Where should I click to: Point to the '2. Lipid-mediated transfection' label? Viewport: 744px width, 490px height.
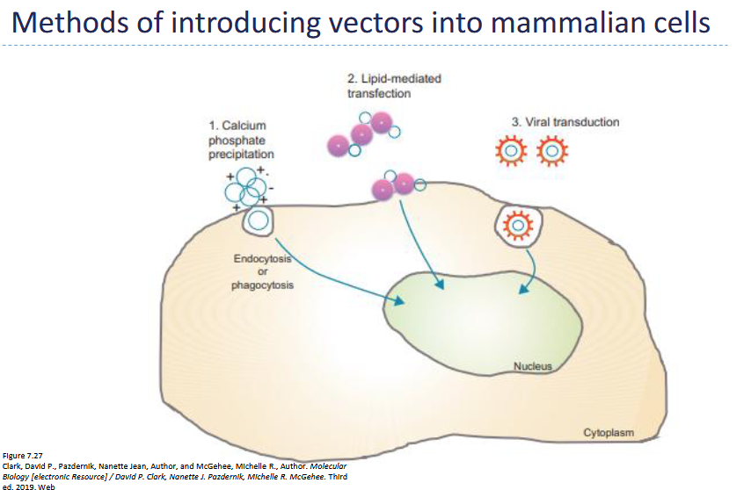(394, 86)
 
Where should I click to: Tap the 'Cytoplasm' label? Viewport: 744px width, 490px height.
(609, 433)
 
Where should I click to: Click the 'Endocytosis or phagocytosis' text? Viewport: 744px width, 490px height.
(264, 272)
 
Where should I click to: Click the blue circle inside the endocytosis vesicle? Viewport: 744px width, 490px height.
(258, 221)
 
